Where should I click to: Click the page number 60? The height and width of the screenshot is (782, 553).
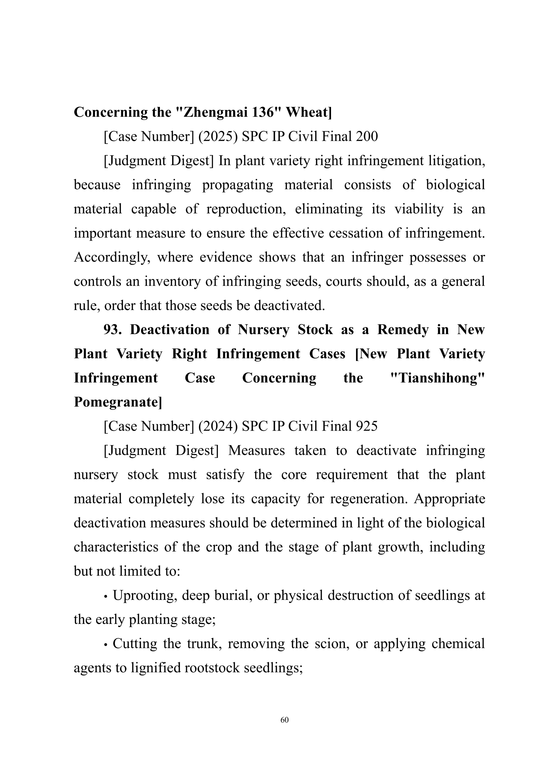[284, 720]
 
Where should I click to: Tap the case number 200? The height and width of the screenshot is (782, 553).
[367, 137]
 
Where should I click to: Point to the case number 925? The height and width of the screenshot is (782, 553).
[367, 426]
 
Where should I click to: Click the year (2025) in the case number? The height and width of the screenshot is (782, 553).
[218, 137]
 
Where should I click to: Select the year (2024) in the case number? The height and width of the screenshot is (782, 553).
[218, 426]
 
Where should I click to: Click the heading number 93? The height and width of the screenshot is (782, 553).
[112, 330]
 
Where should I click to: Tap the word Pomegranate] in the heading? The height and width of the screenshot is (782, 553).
[118, 402]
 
